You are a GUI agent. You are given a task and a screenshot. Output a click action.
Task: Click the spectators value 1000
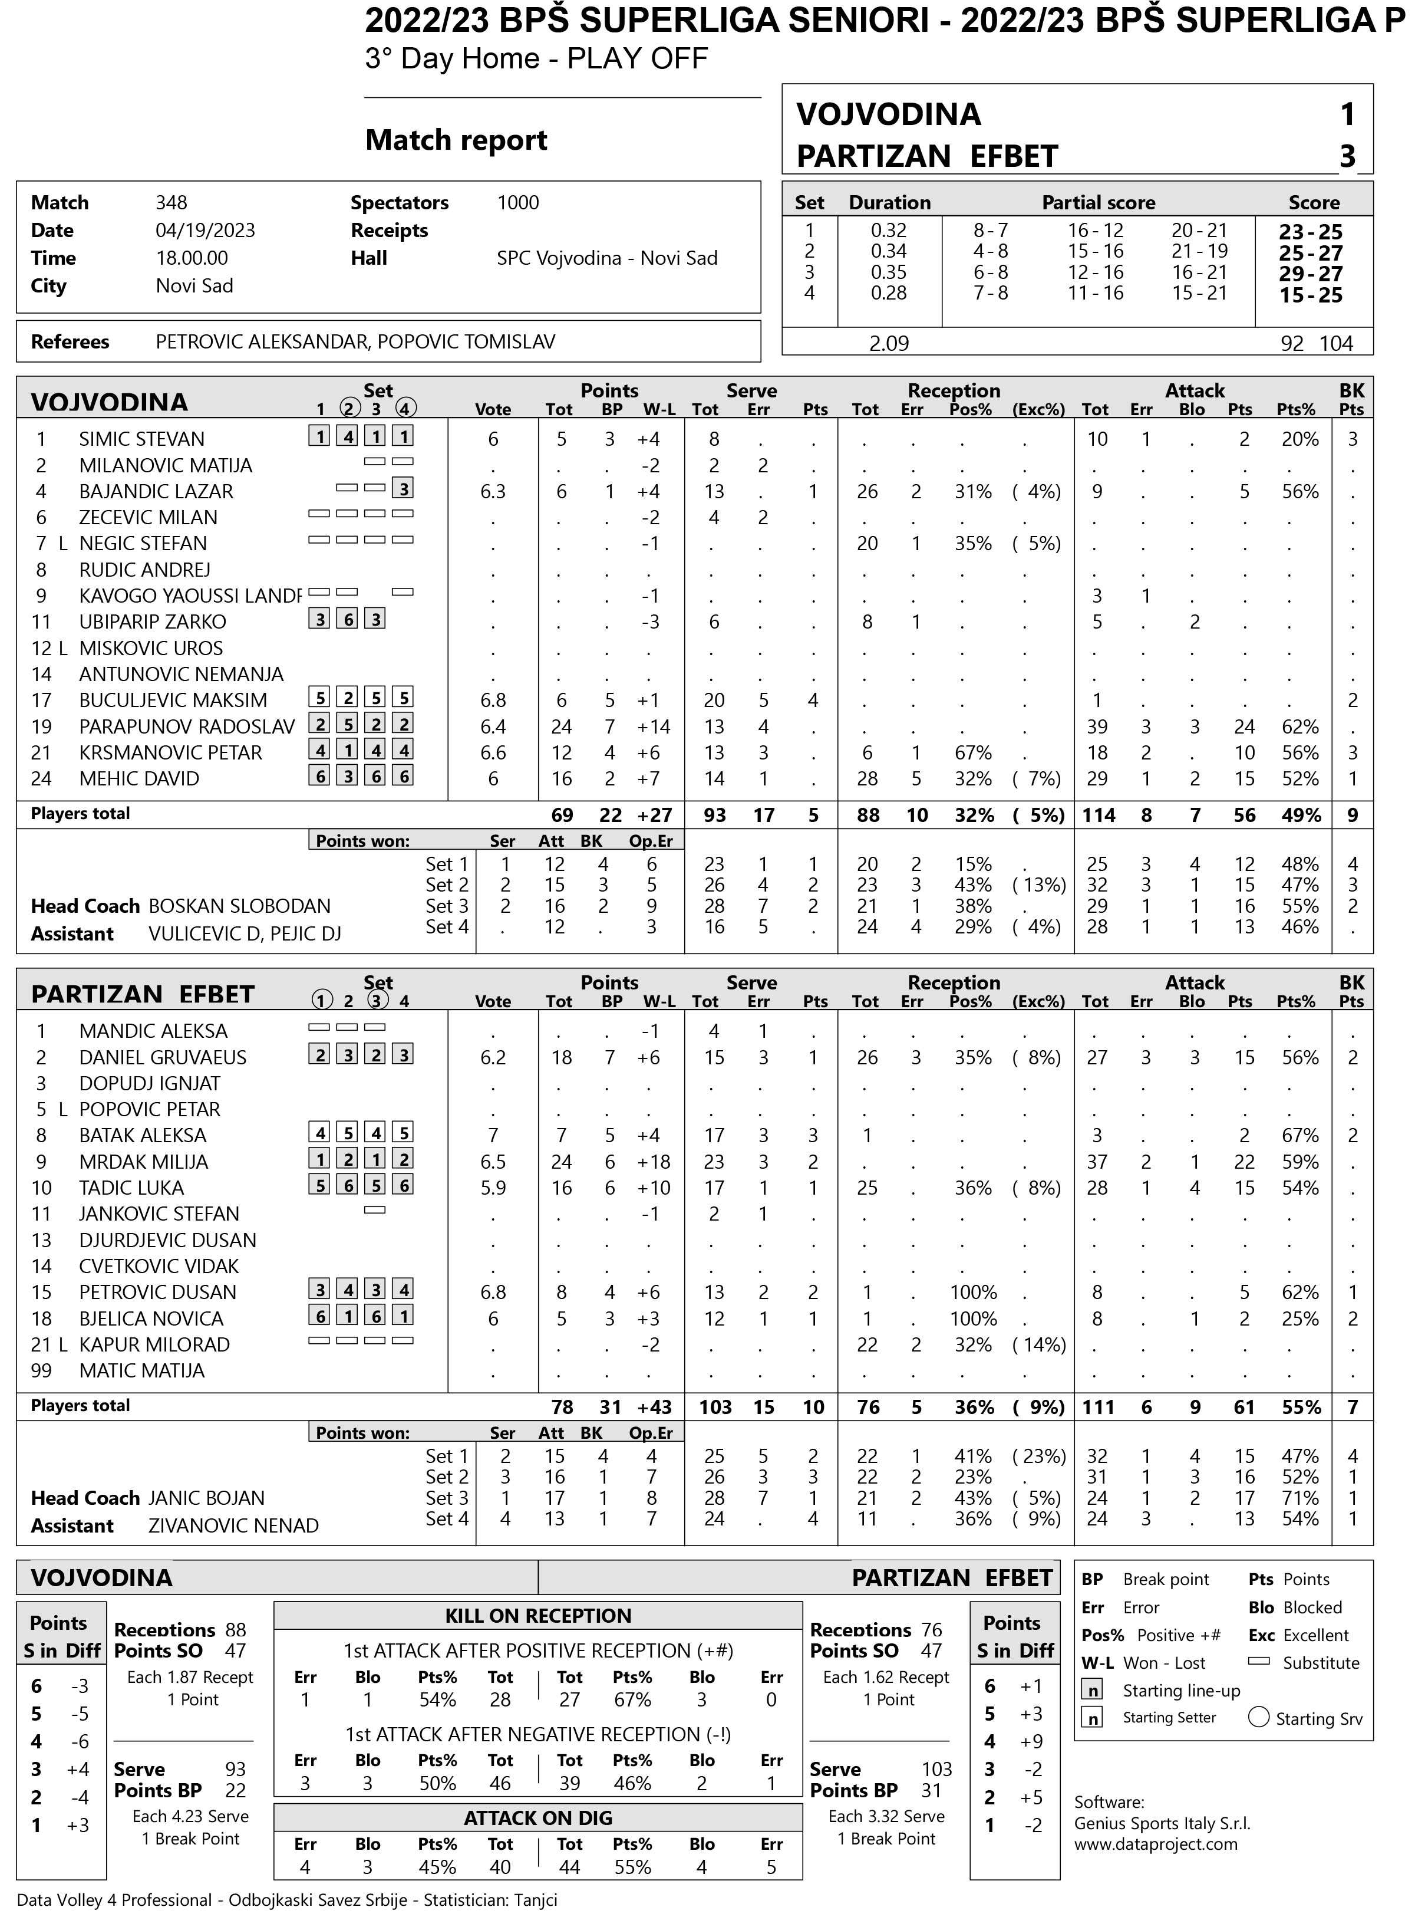[x=517, y=203]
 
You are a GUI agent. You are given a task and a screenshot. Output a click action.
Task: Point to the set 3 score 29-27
[x=1311, y=274]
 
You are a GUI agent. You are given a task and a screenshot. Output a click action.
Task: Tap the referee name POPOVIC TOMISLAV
[x=466, y=342]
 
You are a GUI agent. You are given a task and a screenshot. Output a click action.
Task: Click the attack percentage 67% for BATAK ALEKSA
[x=1299, y=1136]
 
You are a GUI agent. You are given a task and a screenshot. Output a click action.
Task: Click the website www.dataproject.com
[x=1156, y=1843]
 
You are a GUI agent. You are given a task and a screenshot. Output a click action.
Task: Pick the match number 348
[x=171, y=203]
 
